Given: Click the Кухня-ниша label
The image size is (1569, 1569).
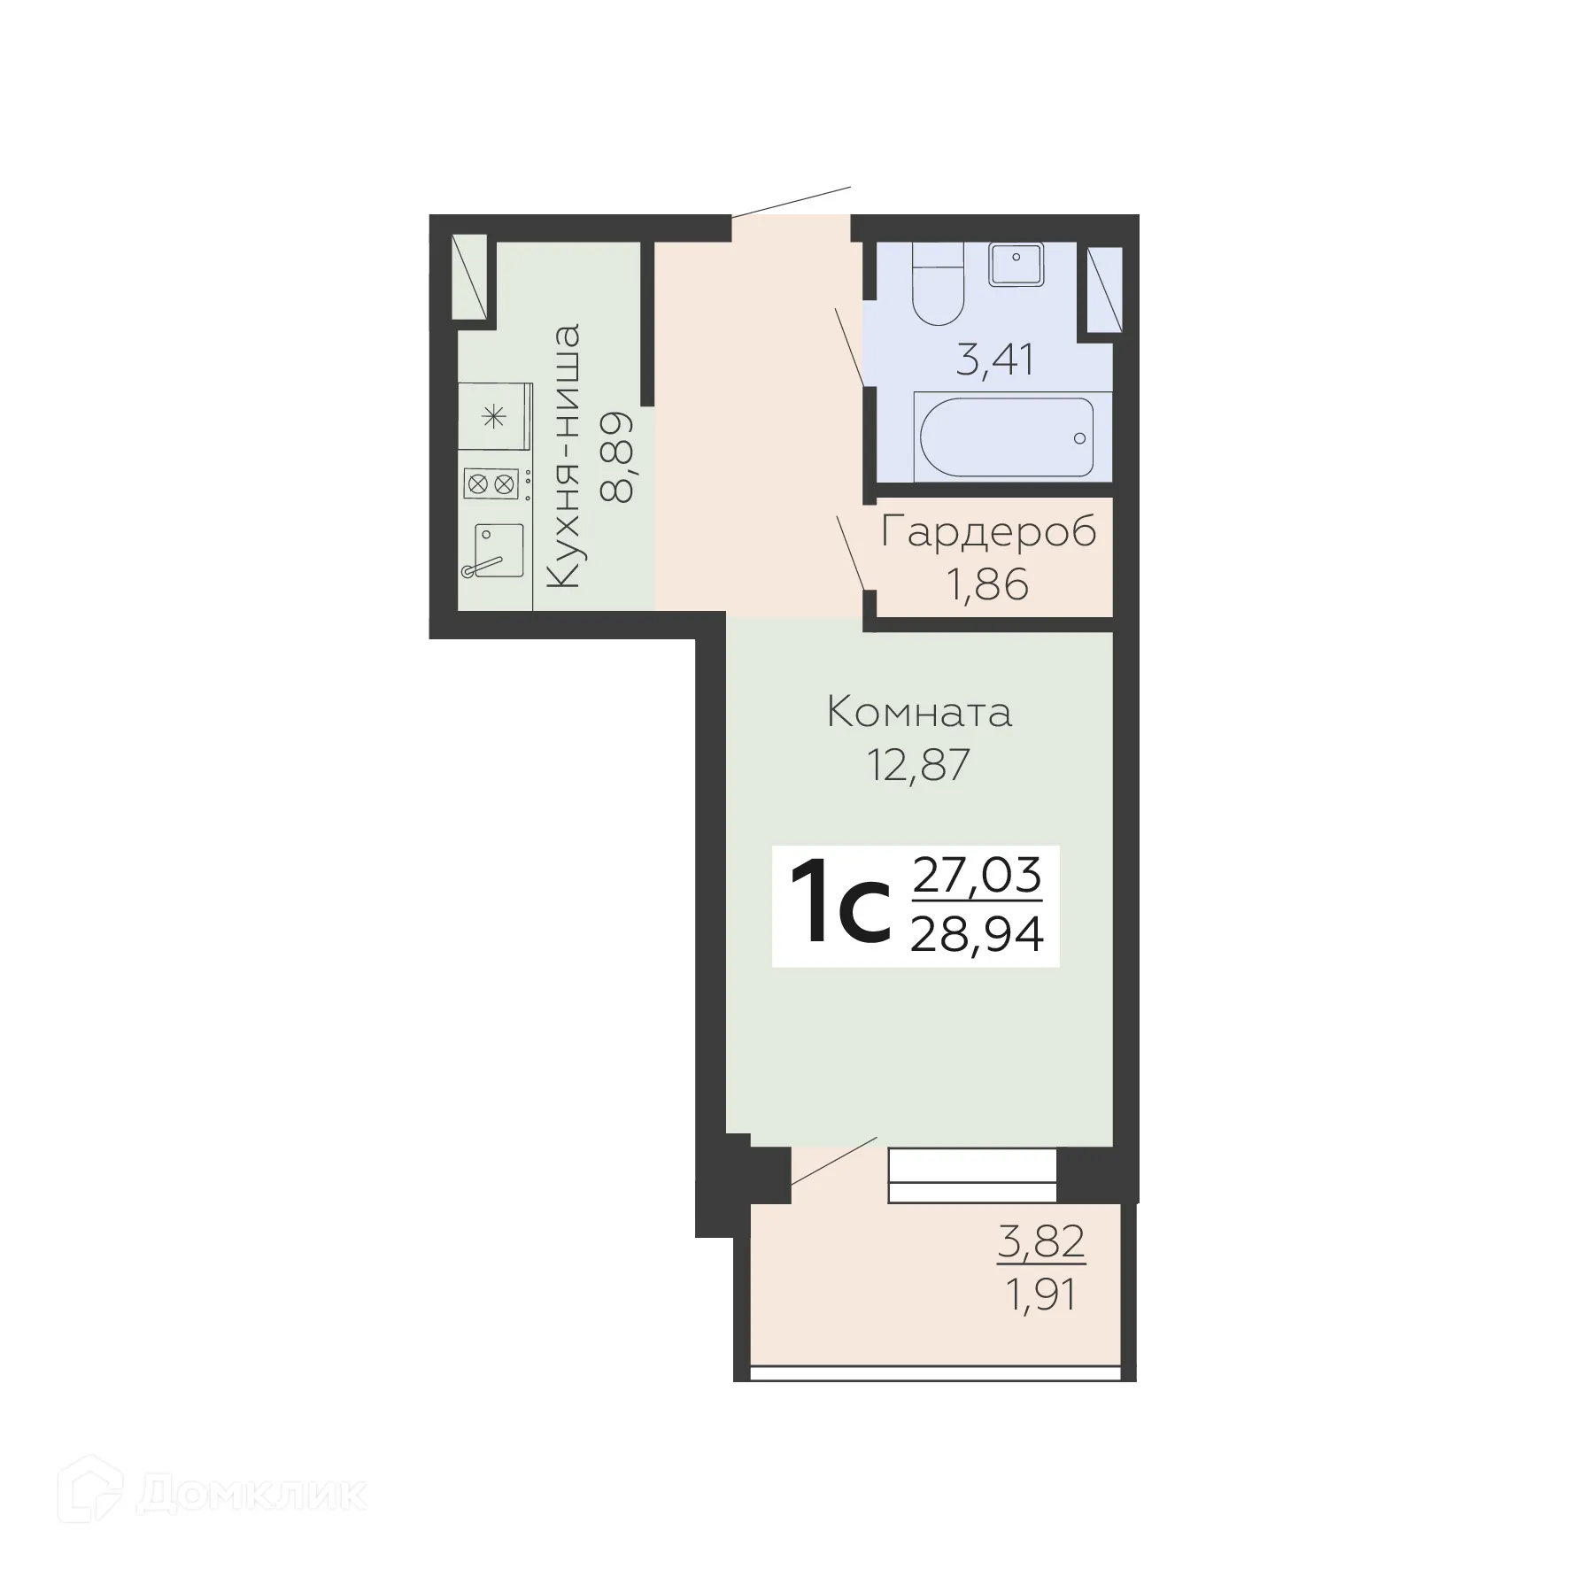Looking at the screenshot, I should click(x=563, y=456).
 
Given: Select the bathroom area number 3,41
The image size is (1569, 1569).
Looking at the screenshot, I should click(x=995, y=361).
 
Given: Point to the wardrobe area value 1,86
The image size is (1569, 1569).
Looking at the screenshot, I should click(x=988, y=584).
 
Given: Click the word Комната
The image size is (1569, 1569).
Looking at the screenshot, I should click(x=919, y=713).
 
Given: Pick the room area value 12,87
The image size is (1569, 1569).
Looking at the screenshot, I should click(x=919, y=765).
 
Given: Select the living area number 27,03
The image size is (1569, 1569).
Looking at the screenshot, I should click(x=977, y=876).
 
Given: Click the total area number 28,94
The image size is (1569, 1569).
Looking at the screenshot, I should click(x=977, y=933).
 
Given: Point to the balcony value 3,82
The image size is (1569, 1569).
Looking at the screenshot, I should click(x=1041, y=1241).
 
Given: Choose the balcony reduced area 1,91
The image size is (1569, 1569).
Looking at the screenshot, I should click(x=1041, y=1296).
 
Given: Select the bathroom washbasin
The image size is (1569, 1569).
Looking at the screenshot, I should click(x=1016, y=263).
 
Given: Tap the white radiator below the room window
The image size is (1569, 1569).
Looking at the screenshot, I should click(x=972, y=1175).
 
